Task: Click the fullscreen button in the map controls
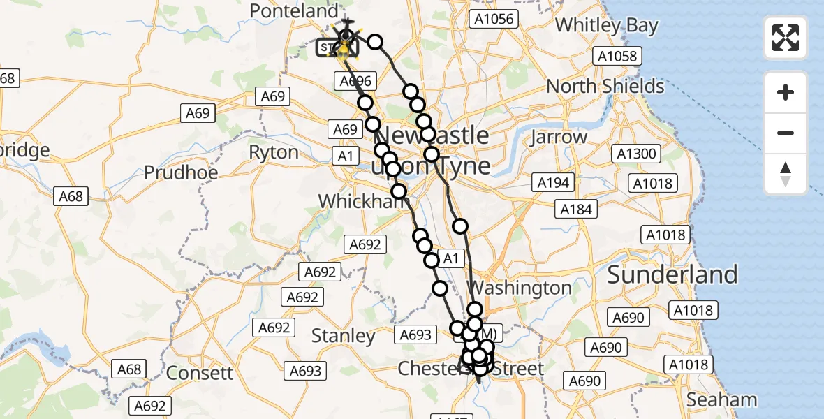786,37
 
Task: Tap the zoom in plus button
786,92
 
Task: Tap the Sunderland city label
672,274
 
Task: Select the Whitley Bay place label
606,26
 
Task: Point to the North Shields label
605,87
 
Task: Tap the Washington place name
520,288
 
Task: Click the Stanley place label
343,336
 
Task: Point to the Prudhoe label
181,172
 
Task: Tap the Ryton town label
273,152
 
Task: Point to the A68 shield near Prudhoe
71,196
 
